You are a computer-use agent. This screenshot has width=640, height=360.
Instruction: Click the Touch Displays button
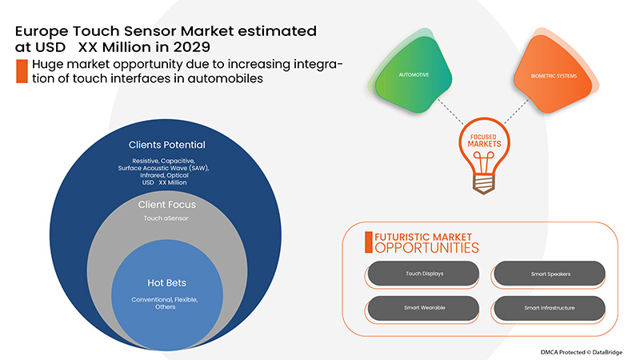pyautogui.click(x=418, y=274)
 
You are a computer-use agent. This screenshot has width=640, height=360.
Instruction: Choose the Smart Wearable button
pyautogui.click(x=418, y=307)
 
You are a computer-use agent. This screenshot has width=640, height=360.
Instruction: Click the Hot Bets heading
pyautogui.click(x=166, y=282)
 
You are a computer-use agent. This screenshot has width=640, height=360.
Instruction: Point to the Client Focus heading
pyautogui.click(x=166, y=204)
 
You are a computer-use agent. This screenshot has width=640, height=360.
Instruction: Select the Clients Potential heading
pyautogui.click(x=166, y=145)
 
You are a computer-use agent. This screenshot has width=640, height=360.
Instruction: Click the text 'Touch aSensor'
pyautogui.click(x=166, y=218)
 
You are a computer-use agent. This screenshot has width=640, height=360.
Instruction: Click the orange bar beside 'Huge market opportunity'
pyautogui.click(x=20, y=70)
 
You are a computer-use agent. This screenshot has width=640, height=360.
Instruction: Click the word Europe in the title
pyautogui.click(x=41, y=30)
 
